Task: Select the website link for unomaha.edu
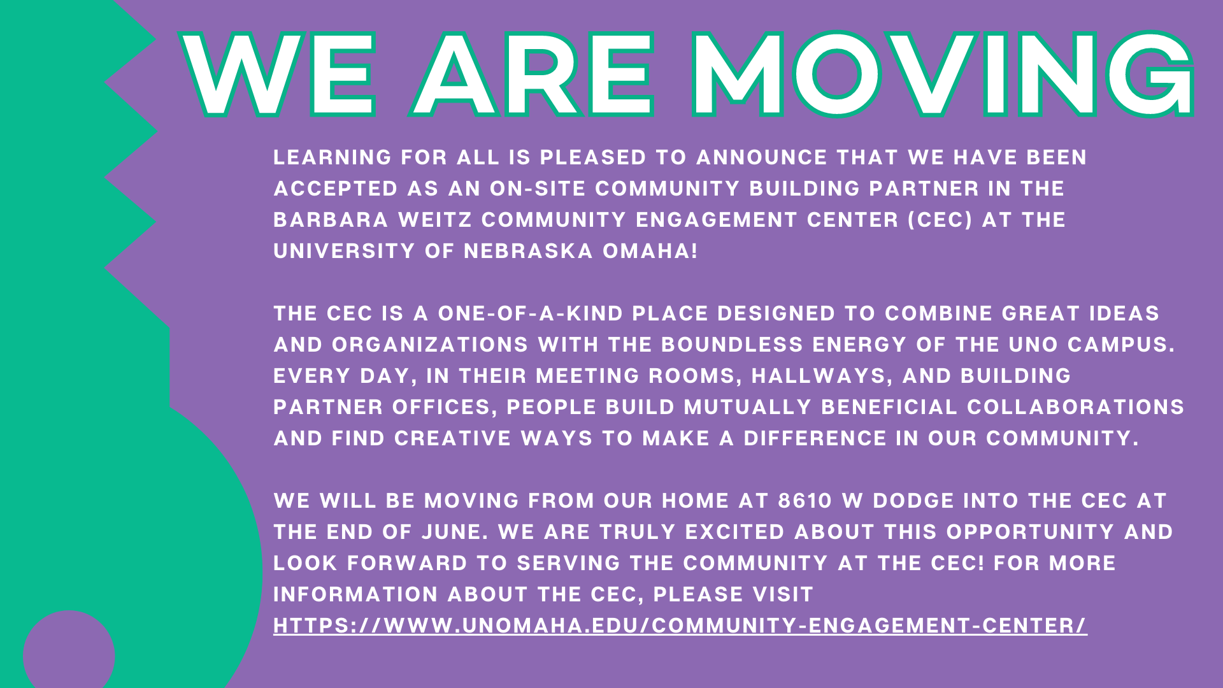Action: pyautogui.click(x=680, y=626)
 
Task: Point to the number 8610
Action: pyautogui.click(x=805, y=501)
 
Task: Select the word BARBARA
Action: pyautogui.click(x=331, y=220)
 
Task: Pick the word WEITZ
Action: pyautogui.click(x=435, y=220)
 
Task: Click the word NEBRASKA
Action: pyautogui.click(x=528, y=251)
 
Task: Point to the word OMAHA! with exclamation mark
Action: pyautogui.click(x=650, y=251)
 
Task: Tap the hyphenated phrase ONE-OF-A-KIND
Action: pyautogui.click(x=531, y=313)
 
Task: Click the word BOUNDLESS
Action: pyautogui.click(x=733, y=345)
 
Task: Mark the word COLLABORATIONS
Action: pyautogui.click(x=1076, y=407)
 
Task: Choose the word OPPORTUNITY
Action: pyautogui.click(x=1031, y=532)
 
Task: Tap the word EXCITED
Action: pyautogui.click(x=734, y=532)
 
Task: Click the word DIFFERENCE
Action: pyautogui.click(x=815, y=438)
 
